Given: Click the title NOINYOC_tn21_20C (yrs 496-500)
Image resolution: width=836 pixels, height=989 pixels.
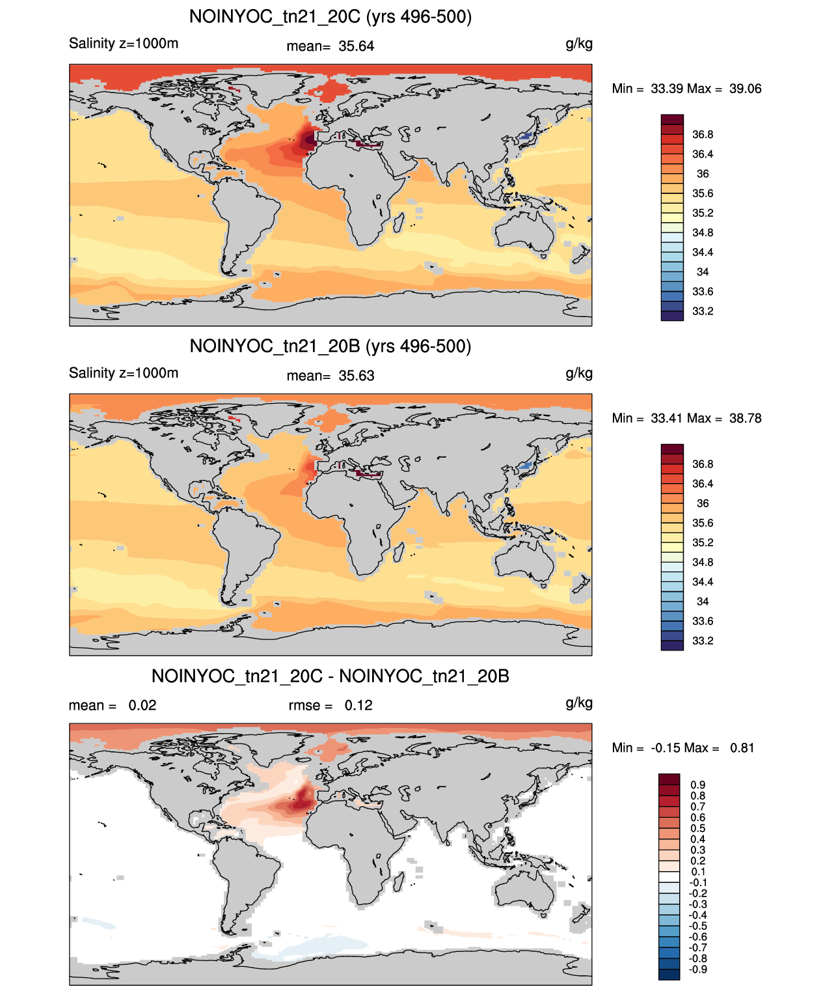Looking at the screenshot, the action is coord(330,17).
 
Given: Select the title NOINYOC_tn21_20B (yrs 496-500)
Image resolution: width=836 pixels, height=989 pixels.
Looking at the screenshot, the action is coord(330,346).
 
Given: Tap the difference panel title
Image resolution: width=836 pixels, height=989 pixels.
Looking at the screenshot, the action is coord(330,676).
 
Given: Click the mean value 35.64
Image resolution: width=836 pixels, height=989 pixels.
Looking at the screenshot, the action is coord(356,46).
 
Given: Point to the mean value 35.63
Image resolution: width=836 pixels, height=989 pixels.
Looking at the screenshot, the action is coord(356,376).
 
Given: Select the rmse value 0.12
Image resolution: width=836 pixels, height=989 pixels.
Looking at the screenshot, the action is coord(358,705).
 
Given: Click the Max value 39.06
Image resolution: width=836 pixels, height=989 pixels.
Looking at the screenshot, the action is coord(745,89).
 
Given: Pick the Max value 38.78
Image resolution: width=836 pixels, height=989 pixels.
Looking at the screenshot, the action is coord(745,418).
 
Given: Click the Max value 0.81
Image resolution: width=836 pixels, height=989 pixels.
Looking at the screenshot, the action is coord(742,748).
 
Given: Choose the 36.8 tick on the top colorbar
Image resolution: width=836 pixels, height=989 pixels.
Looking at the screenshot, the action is coord(703,135).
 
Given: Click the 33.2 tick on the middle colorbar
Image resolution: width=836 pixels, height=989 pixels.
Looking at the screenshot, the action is coord(703,641).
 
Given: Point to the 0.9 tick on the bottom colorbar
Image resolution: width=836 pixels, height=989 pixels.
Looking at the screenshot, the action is coord(698,785).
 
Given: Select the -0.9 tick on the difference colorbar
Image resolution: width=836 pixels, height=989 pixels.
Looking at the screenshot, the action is coord(698,969).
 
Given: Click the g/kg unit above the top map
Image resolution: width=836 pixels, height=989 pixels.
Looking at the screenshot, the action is coord(579,44).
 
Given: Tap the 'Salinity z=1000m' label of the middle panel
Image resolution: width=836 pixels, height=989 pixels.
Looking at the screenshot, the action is coord(124,372).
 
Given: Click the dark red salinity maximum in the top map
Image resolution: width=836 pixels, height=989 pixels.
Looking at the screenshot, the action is coord(309,140).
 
